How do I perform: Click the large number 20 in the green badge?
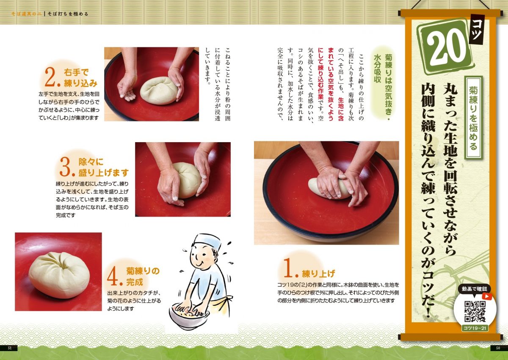point(444,46)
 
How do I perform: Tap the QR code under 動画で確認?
point(474,311)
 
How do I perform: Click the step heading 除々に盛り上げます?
point(97,167)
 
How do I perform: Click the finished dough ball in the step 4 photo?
point(59,275)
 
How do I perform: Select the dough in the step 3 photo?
point(185,180)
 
